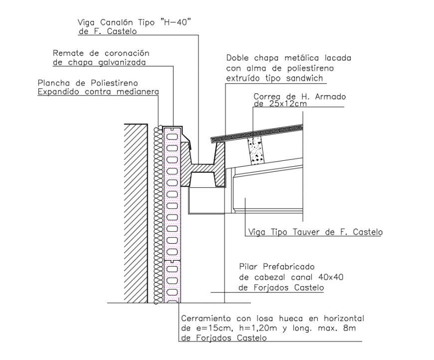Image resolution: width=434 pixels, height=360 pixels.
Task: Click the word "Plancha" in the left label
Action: [x=53, y=82]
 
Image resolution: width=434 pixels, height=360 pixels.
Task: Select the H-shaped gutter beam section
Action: [x=203, y=167]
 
